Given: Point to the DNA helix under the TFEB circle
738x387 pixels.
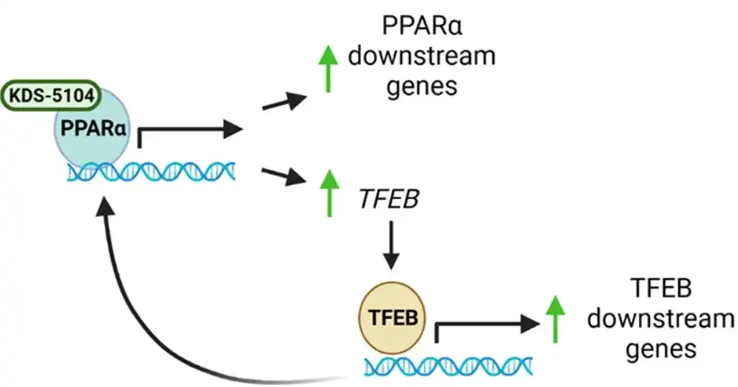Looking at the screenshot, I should pyautogui.click(x=448, y=365).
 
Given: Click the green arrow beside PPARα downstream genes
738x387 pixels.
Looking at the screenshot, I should pyautogui.click(x=325, y=69).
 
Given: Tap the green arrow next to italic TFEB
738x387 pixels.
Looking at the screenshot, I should pyautogui.click(x=325, y=193).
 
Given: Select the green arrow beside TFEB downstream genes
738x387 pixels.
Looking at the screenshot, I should pyautogui.click(x=554, y=319).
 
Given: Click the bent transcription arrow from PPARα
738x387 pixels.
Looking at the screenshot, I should pyautogui.click(x=187, y=131).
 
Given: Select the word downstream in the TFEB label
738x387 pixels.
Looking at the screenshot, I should pyautogui.click(x=660, y=319).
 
